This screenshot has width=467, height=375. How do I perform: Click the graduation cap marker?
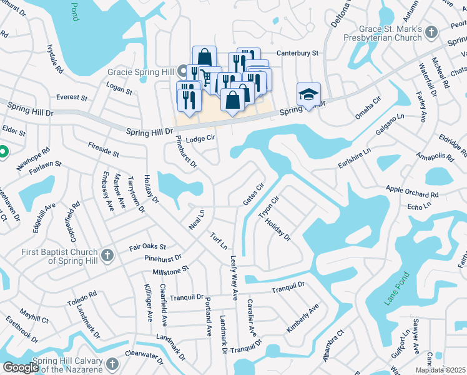[308, 94]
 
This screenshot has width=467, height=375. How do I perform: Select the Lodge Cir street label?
[200, 138]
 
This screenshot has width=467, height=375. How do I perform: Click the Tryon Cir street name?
[268, 207]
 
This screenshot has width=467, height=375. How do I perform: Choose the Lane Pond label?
[396, 289]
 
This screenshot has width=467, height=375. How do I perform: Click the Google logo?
[21, 368]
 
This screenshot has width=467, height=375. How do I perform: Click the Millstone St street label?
[170, 271]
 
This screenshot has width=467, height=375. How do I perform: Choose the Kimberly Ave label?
[303, 318]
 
